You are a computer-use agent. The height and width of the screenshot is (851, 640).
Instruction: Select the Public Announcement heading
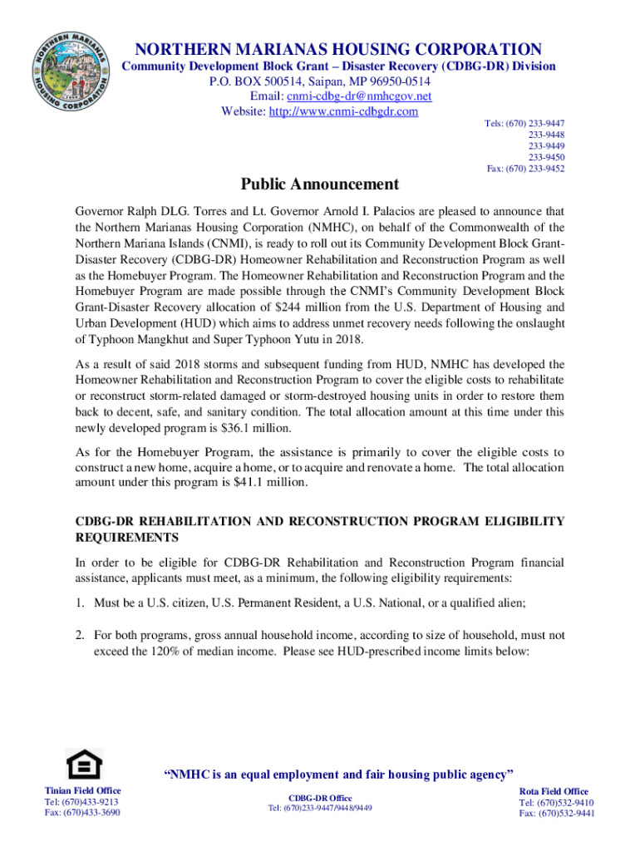click(x=320, y=184)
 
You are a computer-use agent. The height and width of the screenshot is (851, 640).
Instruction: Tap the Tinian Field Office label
click(x=82, y=790)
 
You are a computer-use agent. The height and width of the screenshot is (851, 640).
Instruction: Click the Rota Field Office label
click(x=554, y=791)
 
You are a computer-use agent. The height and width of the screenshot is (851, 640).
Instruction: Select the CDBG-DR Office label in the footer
click(x=319, y=798)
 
